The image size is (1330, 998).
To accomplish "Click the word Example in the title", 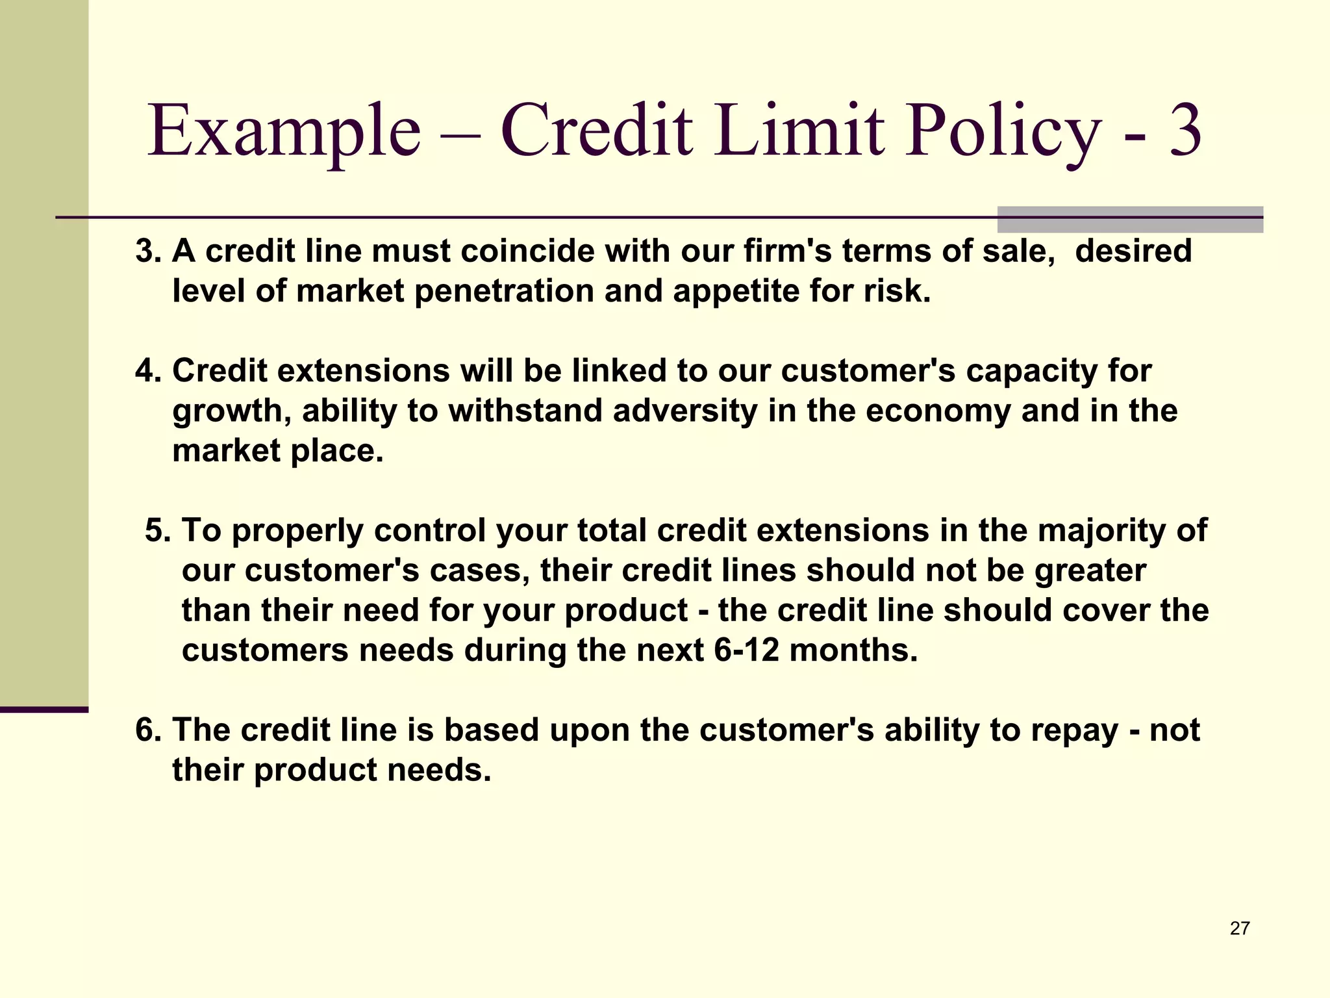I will click(x=284, y=132).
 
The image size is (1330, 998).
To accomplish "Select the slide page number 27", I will click(x=1240, y=928).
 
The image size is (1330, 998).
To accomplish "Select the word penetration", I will click(x=504, y=291).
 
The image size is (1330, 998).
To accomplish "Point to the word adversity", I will click(x=684, y=411).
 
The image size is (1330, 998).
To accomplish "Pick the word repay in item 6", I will click(x=1074, y=730).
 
